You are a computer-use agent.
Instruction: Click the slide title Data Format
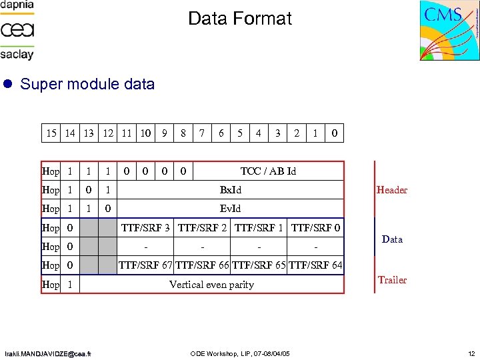tap(240, 19)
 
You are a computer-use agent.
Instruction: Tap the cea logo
tap(17, 30)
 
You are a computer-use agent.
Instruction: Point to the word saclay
tap(17, 54)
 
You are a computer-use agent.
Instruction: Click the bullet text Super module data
tap(87, 85)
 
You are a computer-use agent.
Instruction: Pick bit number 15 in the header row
tap(51, 133)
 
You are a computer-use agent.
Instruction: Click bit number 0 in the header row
tap(334, 133)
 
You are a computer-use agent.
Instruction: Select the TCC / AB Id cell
tap(268, 171)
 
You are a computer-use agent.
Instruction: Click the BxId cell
tap(231, 190)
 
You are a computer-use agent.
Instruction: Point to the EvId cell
tap(231, 209)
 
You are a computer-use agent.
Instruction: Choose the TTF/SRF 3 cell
tap(145, 228)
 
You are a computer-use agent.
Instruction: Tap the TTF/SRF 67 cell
tap(145, 265)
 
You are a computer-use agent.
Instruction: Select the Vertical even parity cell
tap(211, 285)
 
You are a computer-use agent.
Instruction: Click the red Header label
tap(392, 190)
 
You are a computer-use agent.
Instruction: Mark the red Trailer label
tap(392, 280)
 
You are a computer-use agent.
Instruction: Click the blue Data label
tap(392, 239)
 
